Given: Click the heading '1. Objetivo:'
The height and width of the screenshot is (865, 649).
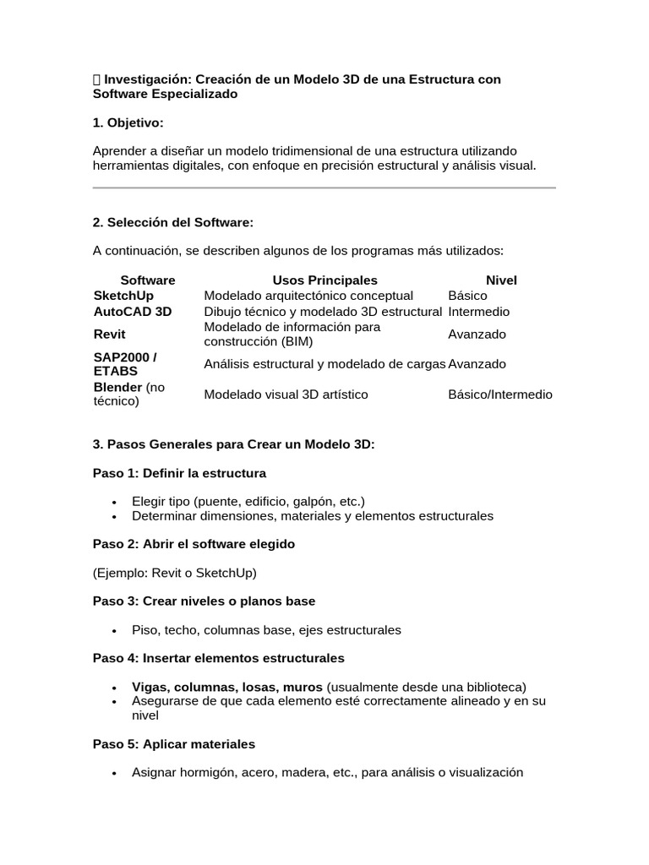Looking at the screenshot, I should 128,122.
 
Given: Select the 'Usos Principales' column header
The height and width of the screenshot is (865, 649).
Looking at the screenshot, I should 324,280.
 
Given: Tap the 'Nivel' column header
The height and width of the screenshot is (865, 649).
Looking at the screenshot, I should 501,280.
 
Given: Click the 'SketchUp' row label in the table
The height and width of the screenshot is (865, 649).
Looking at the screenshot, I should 123,296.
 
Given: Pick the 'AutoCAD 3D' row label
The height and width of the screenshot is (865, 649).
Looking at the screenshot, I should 133,311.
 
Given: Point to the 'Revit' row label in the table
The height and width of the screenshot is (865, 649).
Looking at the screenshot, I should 109,335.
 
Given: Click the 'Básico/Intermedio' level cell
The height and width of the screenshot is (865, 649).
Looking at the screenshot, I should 500,394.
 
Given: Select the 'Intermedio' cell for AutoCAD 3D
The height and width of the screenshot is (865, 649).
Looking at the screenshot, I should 478,311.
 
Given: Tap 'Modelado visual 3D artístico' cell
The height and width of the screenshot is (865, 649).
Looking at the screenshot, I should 286,394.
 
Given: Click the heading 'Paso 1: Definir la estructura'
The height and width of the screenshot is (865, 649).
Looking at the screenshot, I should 179,472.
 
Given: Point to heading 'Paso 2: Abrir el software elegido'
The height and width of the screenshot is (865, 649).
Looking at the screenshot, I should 194,544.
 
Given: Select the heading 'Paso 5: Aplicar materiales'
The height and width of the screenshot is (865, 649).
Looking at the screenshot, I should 173,744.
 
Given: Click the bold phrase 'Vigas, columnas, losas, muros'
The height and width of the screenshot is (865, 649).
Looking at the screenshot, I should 227,686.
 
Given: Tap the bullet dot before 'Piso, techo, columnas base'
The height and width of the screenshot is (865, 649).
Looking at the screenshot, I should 114,630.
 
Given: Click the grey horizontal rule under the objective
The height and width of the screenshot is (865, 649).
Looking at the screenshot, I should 324,188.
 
